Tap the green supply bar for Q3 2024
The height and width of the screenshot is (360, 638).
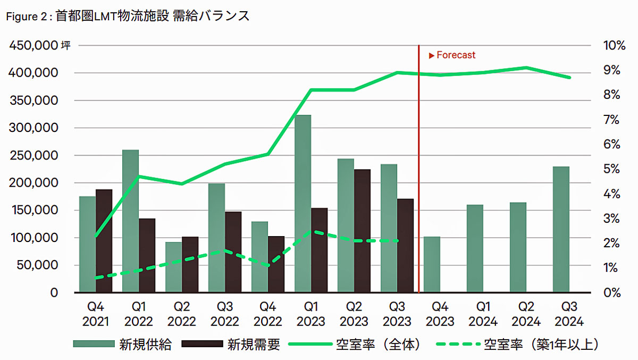(561, 229)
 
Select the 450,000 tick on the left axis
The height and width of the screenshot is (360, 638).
(33, 46)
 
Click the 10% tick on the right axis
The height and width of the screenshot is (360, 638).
(614, 46)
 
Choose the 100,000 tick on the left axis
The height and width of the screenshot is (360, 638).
(33, 238)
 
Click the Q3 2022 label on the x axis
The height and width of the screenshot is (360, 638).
(225, 314)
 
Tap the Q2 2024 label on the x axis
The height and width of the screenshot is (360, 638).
(526, 314)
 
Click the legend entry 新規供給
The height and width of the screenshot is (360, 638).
(145, 345)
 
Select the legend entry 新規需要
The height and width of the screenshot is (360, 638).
(254, 345)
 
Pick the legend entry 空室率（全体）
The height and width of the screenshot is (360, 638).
(379, 345)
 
